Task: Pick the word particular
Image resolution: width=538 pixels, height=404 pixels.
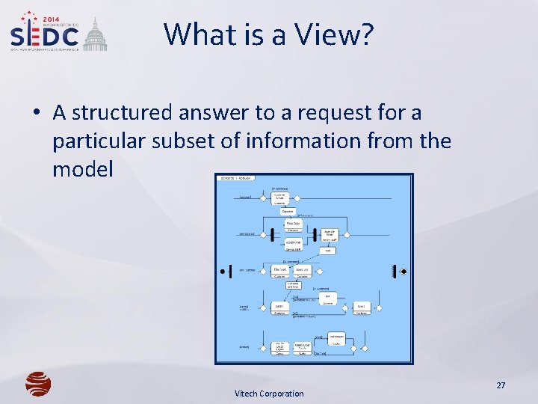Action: coord(96,141)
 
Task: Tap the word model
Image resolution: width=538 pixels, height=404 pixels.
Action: coord(82,169)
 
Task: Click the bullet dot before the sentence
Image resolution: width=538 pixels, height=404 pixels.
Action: coord(36,114)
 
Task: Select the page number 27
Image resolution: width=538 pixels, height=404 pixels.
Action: coord(501,385)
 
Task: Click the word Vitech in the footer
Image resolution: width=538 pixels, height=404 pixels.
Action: coord(247,394)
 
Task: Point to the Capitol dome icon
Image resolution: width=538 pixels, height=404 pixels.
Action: coord(95,36)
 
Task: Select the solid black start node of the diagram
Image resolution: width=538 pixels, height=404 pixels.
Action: coord(222,270)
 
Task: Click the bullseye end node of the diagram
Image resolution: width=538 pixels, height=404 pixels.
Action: coord(403,270)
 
